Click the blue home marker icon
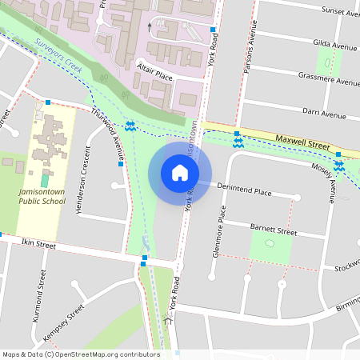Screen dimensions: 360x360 pos(180,172)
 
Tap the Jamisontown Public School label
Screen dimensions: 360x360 pos(42,197)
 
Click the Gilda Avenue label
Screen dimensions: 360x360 pos(335,47)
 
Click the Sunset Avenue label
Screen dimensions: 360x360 pos(339,12)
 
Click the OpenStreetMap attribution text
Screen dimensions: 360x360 pos(80,354)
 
